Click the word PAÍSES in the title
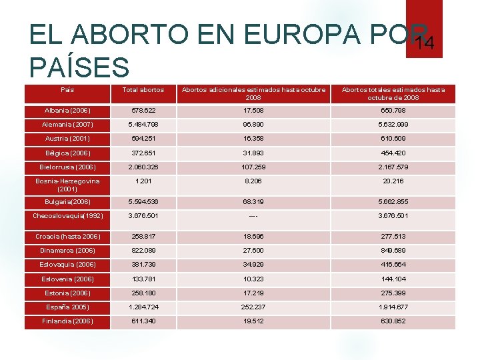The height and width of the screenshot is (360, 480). tap(79, 67)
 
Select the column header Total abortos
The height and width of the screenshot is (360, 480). tap(143, 89)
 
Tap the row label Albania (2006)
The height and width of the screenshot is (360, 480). tap(68, 110)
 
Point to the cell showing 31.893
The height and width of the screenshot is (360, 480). tap(253, 153)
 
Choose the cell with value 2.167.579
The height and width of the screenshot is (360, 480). tap(393, 167)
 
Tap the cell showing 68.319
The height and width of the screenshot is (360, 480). tap(253, 201)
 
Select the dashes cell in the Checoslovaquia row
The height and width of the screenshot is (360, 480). tap(253, 215)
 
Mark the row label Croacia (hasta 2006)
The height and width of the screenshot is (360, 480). tap(67, 236)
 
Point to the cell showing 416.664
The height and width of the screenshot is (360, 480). tap(393, 265)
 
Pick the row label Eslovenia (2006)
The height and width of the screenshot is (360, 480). tap(67, 279)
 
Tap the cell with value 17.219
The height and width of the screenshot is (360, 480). tap(253, 293)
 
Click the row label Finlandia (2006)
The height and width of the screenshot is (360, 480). tap(67, 321)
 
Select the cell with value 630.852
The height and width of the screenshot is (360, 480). tap(393, 321)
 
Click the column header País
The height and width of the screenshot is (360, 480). tap(67, 89)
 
